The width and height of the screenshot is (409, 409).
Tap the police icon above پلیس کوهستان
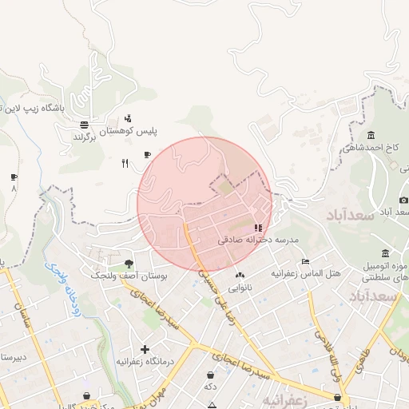(129, 118)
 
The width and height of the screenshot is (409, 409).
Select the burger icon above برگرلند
(84, 125)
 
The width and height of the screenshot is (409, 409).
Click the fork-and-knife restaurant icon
(125, 164)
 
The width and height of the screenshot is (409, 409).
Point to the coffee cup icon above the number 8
(14, 177)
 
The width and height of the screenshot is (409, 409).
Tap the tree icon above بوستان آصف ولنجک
(129, 264)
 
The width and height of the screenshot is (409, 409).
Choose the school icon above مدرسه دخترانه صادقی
(257, 228)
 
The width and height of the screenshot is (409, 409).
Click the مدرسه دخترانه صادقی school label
(257, 240)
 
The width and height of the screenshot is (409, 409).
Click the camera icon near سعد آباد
(404, 200)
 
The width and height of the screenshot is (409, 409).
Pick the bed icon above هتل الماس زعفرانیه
(305, 262)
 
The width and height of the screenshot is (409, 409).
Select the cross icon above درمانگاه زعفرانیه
(145, 349)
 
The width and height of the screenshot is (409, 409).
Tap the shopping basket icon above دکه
(210, 375)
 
